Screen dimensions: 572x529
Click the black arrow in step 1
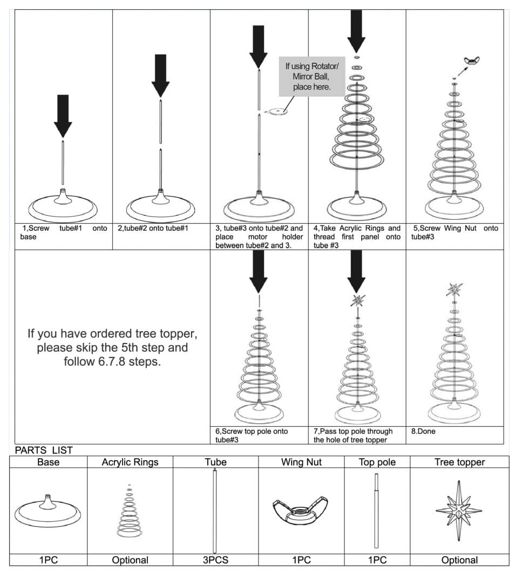point(63,115)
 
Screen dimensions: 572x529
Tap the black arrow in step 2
point(160,75)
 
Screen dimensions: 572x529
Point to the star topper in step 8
point(455,290)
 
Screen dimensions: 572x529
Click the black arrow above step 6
point(259,271)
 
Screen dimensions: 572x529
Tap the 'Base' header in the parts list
point(49,462)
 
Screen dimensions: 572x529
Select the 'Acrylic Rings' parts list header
point(130,462)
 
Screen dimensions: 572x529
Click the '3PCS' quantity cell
point(215,560)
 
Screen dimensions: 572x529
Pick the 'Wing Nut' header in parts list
point(301,462)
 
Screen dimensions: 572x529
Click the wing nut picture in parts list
point(301,510)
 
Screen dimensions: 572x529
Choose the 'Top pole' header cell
point(377,462)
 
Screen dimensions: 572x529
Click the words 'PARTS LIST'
point(44,450)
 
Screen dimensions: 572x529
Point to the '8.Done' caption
point(423,432)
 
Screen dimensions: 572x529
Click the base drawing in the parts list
point(49,510)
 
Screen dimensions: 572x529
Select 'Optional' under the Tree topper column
point(459,560)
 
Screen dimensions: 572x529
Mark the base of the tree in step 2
point(160,205)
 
